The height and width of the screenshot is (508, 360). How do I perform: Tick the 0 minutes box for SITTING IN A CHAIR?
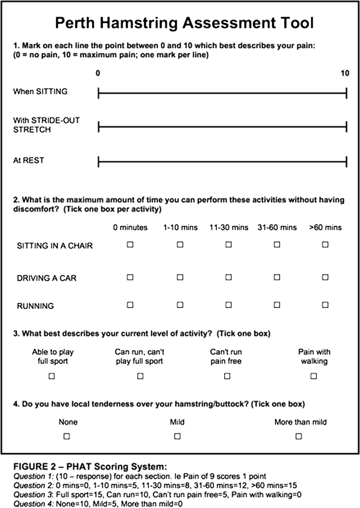pos(130,245)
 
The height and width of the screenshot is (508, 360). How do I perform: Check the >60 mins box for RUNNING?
pos(325,305)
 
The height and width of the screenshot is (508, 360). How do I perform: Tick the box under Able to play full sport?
pos(53,376)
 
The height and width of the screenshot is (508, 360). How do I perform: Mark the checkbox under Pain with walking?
pos(314,376)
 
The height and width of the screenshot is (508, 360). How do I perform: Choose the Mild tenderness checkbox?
pos(177,436)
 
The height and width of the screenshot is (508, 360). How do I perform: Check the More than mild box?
pos(299,436)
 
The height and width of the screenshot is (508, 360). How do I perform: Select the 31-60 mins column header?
pos(277,227)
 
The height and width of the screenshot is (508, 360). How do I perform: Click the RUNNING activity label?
pos(35,306)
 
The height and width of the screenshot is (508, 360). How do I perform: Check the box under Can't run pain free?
pos(227,376)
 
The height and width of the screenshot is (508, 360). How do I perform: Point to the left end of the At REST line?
pos(98,161)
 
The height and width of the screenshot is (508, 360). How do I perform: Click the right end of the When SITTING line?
pos(346,92)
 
